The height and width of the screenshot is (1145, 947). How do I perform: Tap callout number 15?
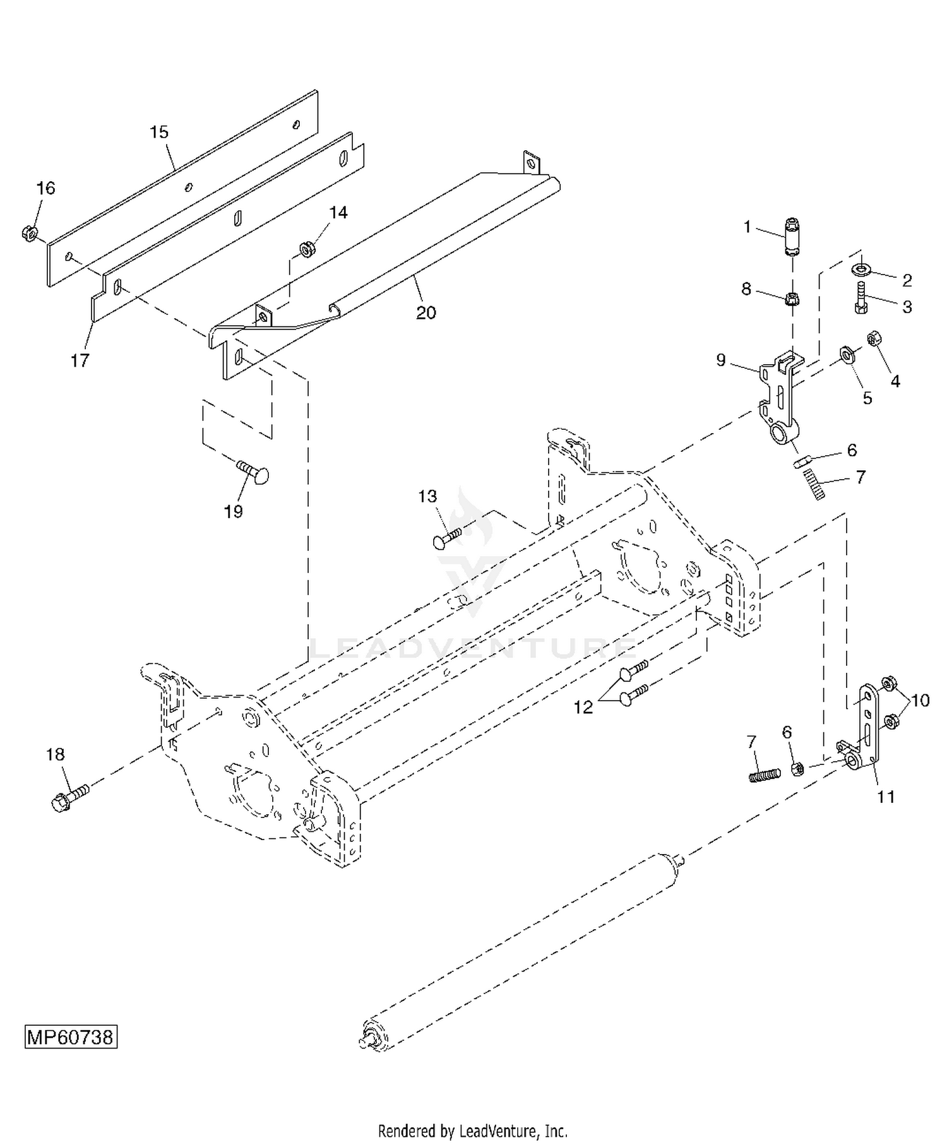[159, 133]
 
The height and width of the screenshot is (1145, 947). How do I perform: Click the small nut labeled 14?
[307, 249]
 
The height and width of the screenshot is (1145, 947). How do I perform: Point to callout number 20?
[426, 312]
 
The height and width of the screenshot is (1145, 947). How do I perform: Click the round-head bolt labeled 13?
[447, 538]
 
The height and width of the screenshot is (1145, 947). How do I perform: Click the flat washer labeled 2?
[862, 270]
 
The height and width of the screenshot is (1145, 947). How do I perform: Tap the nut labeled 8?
[791, 299]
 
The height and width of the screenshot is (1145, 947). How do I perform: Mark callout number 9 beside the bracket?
[721, 360]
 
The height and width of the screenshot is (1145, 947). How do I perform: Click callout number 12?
[583, 707]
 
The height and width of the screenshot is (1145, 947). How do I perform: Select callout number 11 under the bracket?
[886, 797]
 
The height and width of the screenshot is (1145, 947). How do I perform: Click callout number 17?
[80, 360]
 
